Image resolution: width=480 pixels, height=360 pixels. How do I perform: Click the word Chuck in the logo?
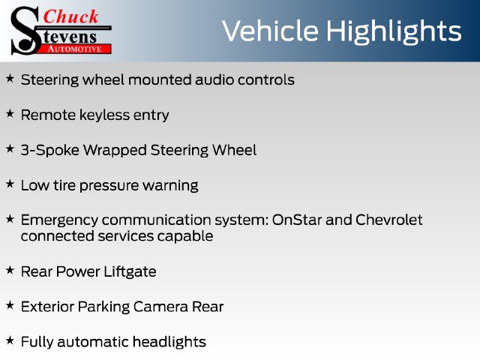pos(70,16)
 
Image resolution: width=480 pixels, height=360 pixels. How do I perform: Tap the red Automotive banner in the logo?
pos(75,49)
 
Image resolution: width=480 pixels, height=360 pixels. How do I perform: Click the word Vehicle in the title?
pos(270,31)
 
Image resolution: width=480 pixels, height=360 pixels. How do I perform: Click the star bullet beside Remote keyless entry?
pos(10,113)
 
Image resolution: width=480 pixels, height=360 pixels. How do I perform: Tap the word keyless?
pos(105,115)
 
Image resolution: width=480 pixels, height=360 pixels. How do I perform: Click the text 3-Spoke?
pos(50,151)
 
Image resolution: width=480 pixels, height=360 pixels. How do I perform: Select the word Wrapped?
pos(115,151)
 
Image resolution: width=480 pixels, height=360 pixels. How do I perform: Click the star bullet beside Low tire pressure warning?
pos(10,184)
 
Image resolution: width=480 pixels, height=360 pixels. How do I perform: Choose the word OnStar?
pos(297,220)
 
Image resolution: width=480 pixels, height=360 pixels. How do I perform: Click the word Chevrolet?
pos(389,220)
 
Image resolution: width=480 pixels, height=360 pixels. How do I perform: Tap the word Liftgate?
pos(130,272)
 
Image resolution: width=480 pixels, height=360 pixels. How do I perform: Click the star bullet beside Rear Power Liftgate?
pos(10,270)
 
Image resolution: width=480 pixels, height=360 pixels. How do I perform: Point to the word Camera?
pos(160,307)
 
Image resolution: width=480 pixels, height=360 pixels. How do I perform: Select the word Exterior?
pos(47,307)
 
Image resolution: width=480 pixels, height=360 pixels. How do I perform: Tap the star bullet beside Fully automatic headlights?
pos(10,340)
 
